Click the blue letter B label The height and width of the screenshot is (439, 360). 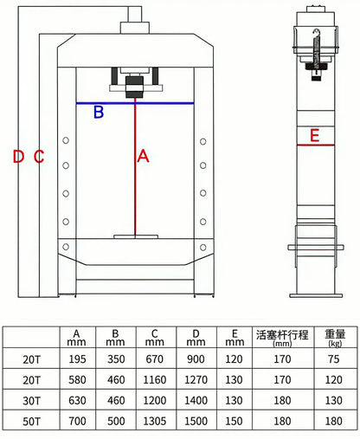click(x=99, y=113)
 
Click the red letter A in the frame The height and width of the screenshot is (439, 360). click(x=143, y=156)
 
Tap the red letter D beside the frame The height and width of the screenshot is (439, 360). click(x=18, y=157)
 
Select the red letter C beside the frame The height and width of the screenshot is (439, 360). click(x=39, y=157)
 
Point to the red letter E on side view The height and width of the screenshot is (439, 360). click(x=314, y=135)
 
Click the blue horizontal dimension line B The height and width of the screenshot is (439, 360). click(x=135, y=103)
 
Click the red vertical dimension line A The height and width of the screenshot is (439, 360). click(x=135, y=169)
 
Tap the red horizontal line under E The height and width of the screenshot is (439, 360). click(x=316, y=145)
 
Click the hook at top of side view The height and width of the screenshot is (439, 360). click(x=317, y=32)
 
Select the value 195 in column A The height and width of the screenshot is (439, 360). click(x=77, y=359)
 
